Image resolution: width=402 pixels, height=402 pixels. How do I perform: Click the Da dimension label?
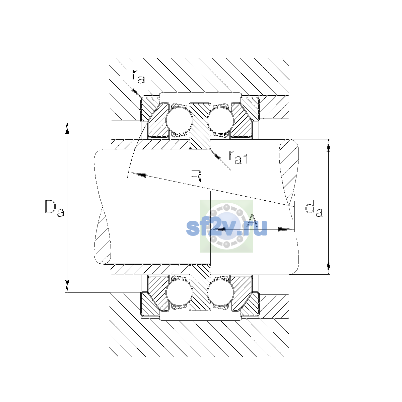(x=55, y=208)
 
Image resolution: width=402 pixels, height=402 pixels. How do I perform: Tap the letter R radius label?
(x=196, y=177)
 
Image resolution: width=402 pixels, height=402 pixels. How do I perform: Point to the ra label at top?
(x=138, y=77)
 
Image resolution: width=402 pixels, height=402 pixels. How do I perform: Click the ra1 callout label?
(x=239, y=157)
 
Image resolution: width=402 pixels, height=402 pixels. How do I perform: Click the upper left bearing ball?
(x=179, y=120)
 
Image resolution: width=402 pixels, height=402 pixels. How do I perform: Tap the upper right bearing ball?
(x=220, y=120)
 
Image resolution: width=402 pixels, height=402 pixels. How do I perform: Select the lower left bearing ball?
(x=179, y=293)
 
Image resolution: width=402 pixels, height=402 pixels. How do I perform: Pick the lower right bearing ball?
(x=220, y=293)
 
